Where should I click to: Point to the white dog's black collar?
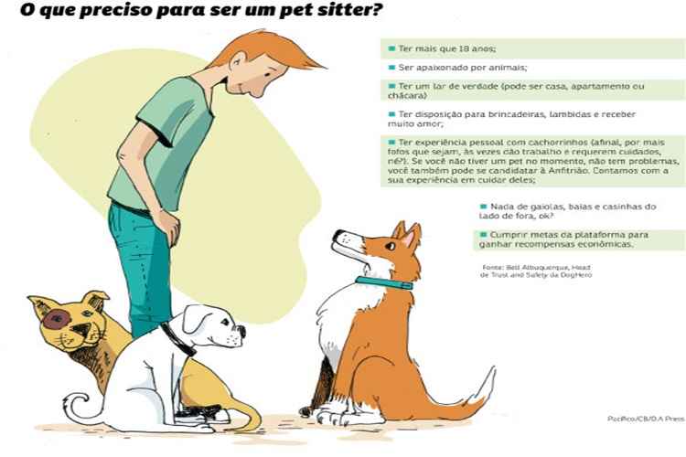(179, 338)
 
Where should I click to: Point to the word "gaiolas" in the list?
(546, 207)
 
